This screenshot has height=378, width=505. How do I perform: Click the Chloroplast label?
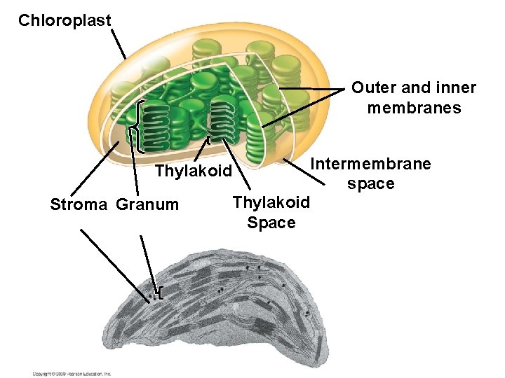[x=65, y=20]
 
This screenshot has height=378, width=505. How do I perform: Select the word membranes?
[x=414, y=108]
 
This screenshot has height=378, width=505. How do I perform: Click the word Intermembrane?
[x=371, y=164]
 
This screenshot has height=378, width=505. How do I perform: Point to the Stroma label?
[x=79, y=204]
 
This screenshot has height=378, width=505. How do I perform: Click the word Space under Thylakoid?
[x=271, y=223]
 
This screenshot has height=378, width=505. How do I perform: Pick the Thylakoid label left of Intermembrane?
[x=193, y=171]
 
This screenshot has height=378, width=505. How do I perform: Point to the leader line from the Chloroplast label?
[x=119, y=45]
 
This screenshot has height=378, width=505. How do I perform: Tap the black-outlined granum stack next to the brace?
[x=155, y=126]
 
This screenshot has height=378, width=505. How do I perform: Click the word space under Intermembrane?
[x=370, y=183]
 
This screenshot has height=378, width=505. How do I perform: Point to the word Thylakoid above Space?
[x=271, y=203]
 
